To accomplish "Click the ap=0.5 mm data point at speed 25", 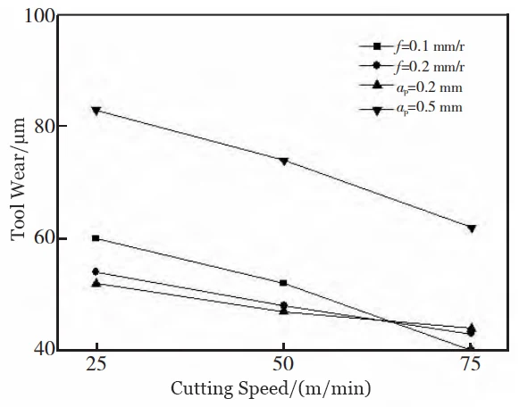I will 96,110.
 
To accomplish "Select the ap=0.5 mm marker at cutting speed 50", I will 283,161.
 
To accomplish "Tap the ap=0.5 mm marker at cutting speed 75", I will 471,228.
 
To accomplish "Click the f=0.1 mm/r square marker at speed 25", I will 96,238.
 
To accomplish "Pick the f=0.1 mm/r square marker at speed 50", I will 283,283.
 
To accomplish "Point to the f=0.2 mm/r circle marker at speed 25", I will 96,271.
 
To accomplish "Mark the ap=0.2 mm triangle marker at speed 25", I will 96,282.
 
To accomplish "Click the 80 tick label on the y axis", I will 44,127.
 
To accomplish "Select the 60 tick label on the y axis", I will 44,238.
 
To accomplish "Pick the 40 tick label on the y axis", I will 44,350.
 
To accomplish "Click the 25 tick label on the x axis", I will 96,365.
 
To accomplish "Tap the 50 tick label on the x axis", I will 283,365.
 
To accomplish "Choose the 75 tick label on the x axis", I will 471,365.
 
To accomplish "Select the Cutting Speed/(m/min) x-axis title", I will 284,390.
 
